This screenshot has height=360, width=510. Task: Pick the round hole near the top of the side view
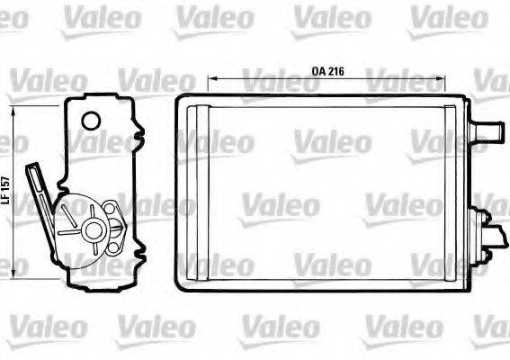[x=90, y=121]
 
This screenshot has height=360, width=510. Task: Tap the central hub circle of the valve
[x=92, y=230]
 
